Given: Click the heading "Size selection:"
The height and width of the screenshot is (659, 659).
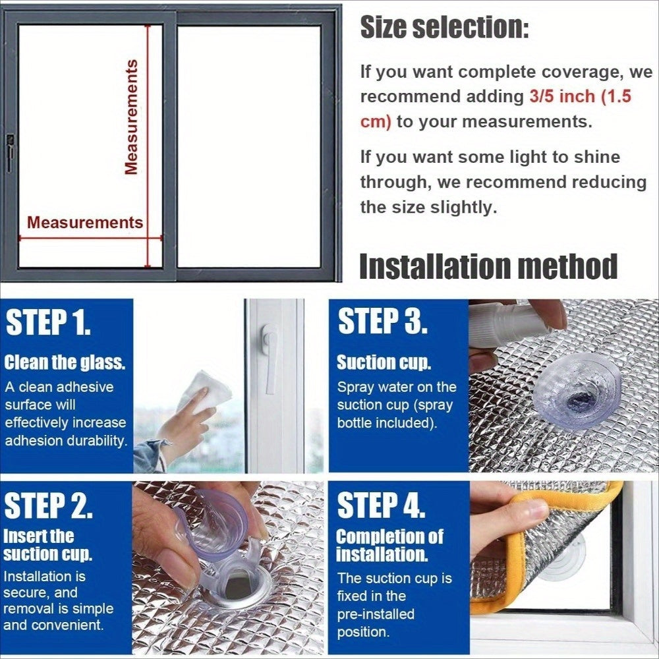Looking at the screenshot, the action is [444, 27].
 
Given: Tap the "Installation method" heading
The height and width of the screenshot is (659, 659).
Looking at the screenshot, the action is [488, 266].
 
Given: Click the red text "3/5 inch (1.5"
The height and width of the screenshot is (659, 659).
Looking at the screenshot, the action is [580, 97].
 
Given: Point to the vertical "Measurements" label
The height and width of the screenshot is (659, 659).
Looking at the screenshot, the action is [132, 117].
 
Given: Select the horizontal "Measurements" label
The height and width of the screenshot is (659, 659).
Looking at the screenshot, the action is [85, 222].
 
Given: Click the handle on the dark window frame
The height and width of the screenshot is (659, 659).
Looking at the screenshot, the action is [10, 154].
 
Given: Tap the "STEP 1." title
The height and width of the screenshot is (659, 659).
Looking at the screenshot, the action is [48, 322].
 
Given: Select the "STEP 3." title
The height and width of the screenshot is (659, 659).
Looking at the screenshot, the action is [382, 321].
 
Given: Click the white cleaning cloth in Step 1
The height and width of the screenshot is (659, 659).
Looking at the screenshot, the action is [205, 391].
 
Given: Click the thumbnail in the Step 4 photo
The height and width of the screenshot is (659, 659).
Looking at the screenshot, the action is [530, 512].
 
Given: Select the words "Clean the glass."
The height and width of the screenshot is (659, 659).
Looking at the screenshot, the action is [65, 362].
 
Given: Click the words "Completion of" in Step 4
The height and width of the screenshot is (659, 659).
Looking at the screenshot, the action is [389, 536].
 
